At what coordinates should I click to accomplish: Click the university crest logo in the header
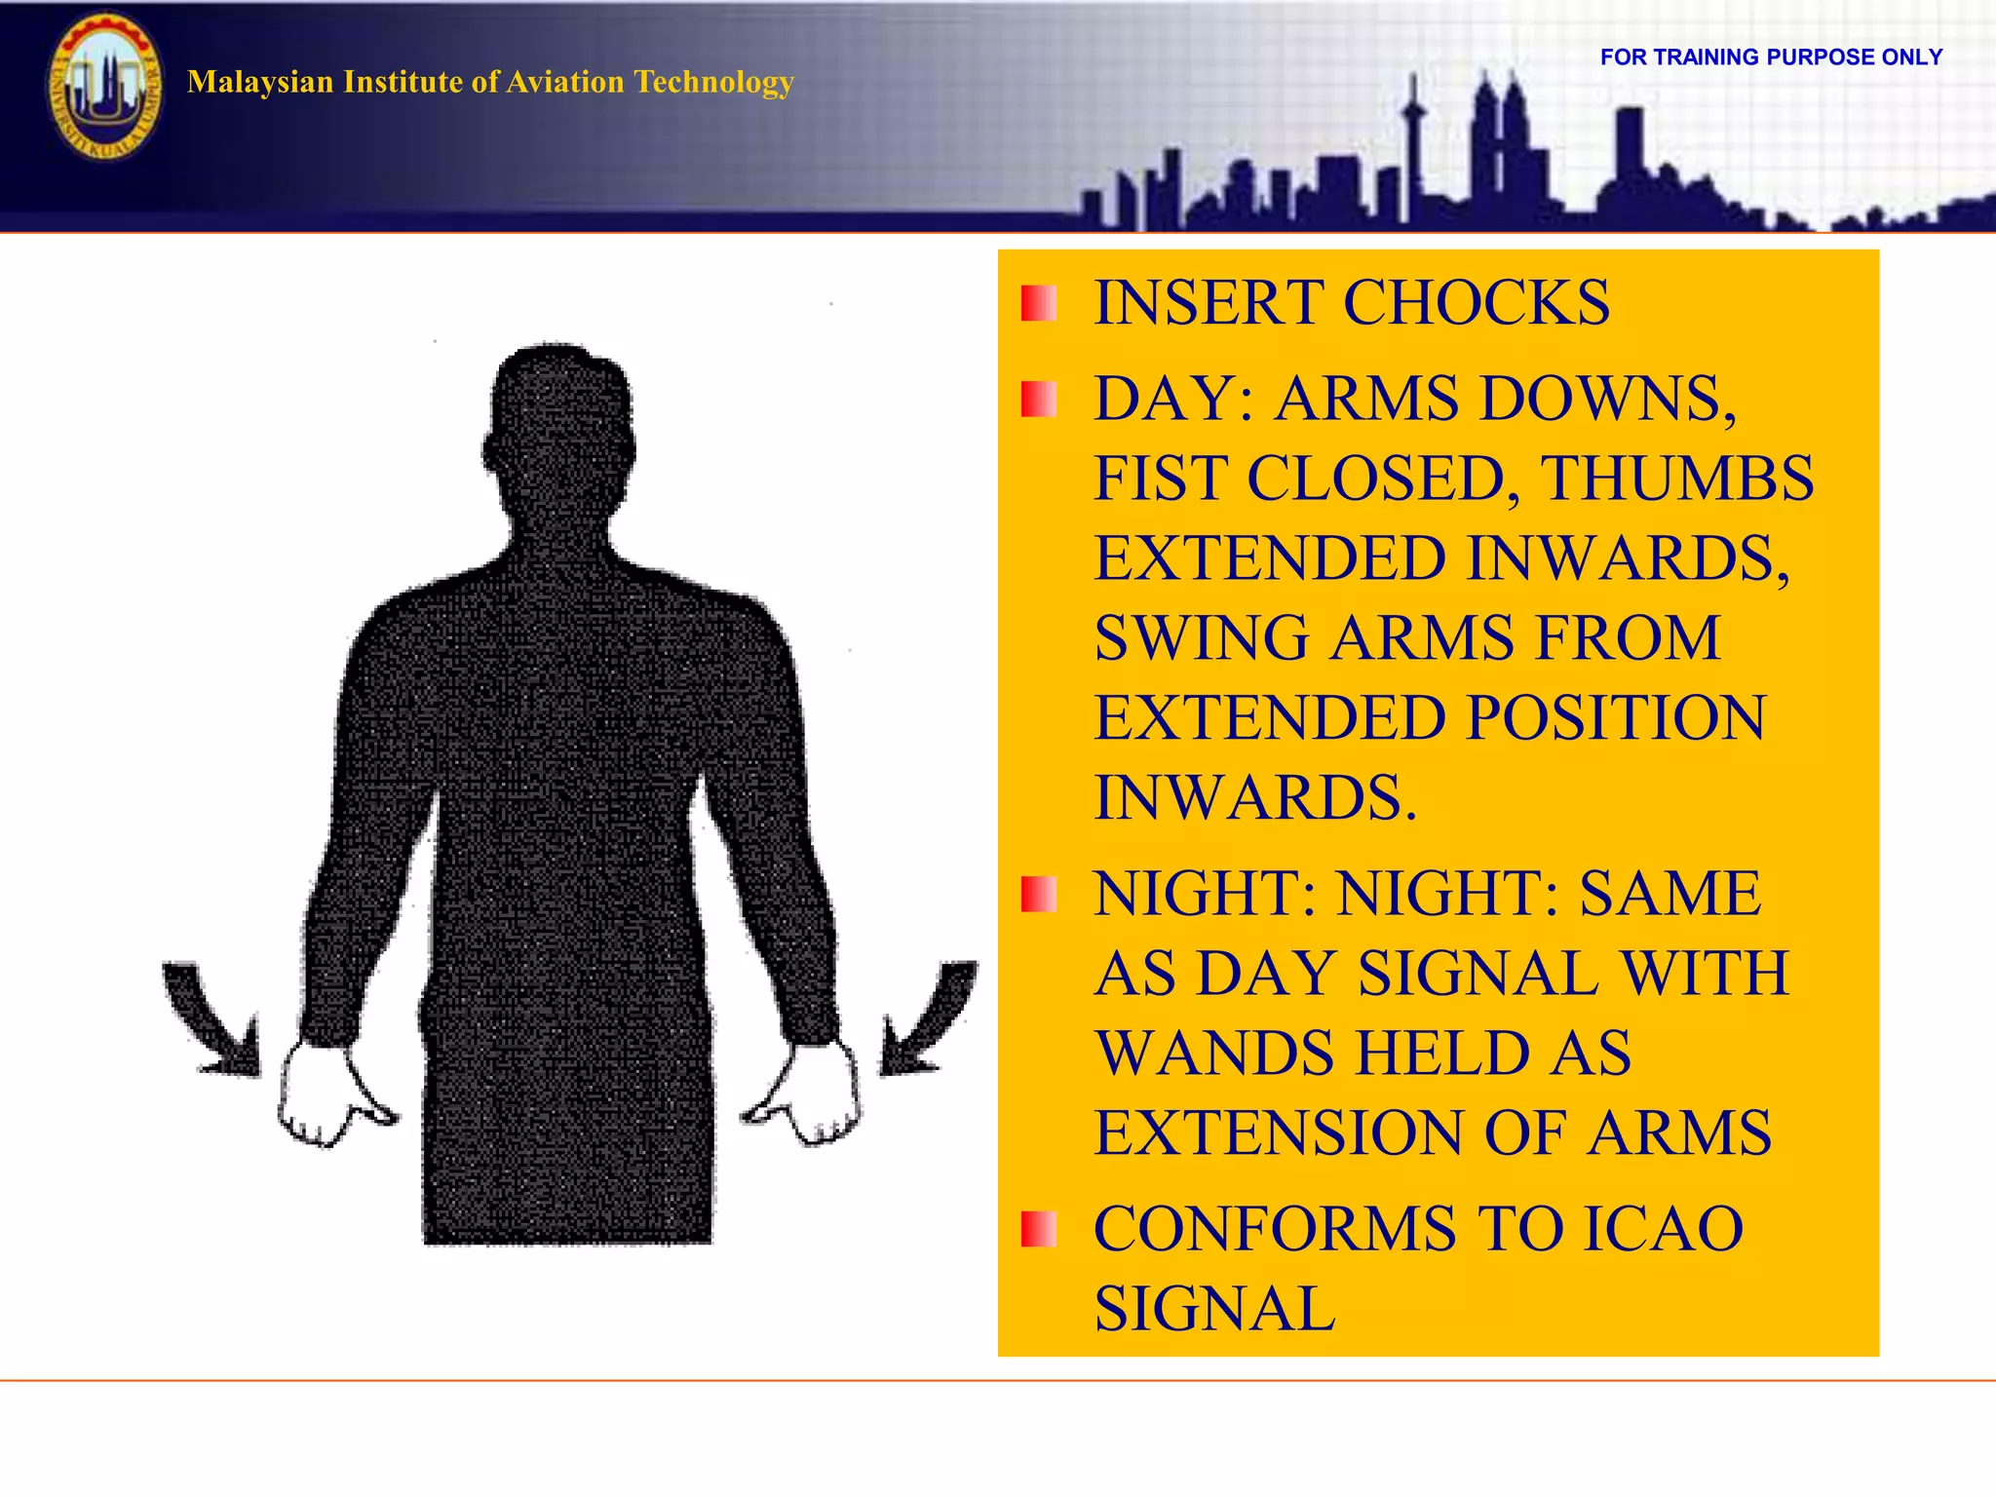click(x=104, y=88)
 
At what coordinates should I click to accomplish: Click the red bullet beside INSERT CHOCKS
click(x=1038, y=304)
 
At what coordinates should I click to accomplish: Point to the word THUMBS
click(x=1676, y=478)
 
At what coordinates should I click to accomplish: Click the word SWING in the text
click(x=1201, y=637)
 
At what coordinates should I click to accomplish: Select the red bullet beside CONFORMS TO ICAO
click(x=1038, y=1229)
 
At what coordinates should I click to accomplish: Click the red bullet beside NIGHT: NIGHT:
click(x=1038, y=894)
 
